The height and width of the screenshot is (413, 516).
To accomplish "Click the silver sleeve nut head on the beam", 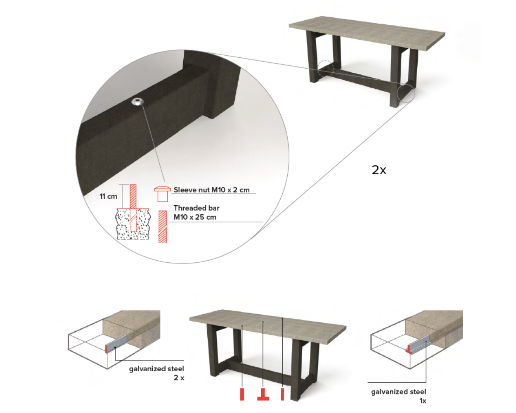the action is tap(137, 102).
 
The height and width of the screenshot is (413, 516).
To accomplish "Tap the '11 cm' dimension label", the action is tap(109, 196).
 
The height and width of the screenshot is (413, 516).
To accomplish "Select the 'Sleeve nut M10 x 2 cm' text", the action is tap(211, 190).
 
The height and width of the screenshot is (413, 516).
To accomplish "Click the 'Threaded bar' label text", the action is tap(196, 208).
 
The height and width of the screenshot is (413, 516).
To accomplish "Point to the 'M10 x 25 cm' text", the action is tap(195, 217).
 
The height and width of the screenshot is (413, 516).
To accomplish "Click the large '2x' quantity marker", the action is tap(379, 170).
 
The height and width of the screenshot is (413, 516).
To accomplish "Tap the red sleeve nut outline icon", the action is tap(162, 194).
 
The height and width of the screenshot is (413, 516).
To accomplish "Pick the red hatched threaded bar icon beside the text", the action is tap(163, 227).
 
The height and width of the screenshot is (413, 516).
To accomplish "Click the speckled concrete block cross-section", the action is tap(133, 224).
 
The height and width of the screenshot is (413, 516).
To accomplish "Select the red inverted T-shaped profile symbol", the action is tap(263, 394).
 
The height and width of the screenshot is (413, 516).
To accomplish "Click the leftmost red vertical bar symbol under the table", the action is tap(242, 394).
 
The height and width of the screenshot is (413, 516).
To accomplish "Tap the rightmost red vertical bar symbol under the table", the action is tap(282, 394).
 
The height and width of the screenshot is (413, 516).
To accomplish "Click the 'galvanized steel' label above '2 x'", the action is tap(156, 369).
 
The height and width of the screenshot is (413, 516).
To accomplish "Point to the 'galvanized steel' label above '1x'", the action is tap(398, 392).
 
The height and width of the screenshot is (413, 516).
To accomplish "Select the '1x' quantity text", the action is tap(423, 401).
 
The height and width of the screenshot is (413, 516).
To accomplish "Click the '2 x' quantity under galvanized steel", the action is tap(179, 378).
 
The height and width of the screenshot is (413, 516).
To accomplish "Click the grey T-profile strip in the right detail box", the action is tap(417, 344).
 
